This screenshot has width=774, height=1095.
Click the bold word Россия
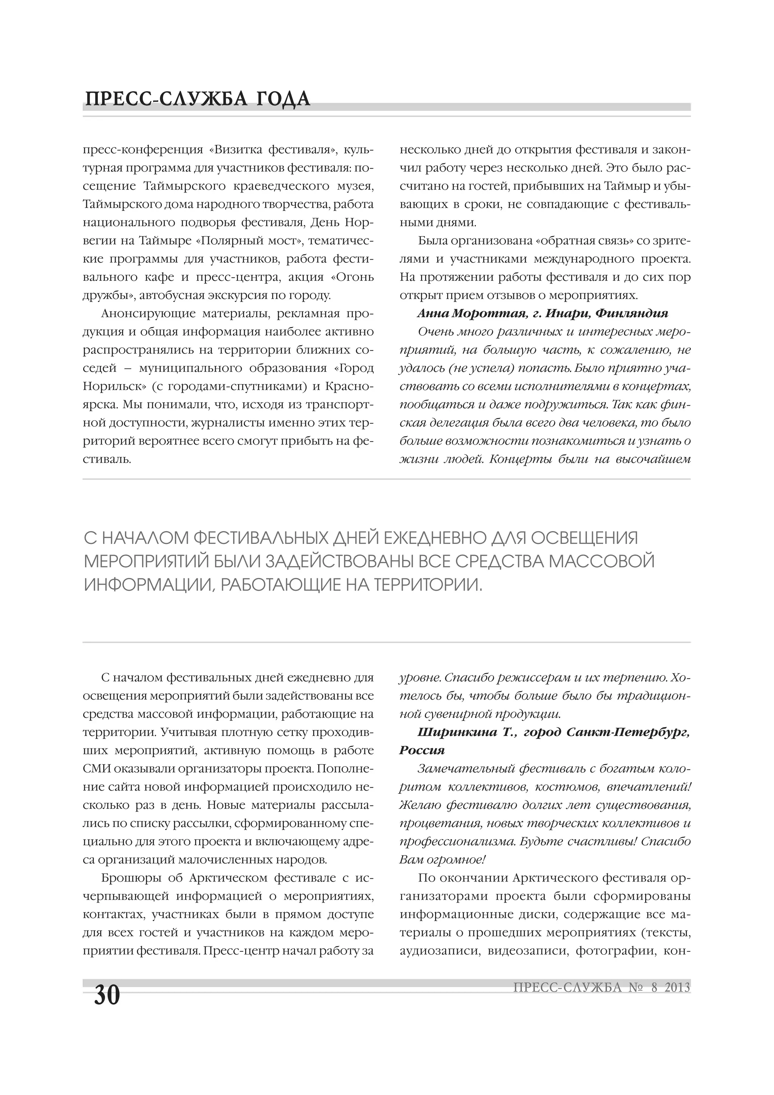pyautogui.click(x=422, y=750)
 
